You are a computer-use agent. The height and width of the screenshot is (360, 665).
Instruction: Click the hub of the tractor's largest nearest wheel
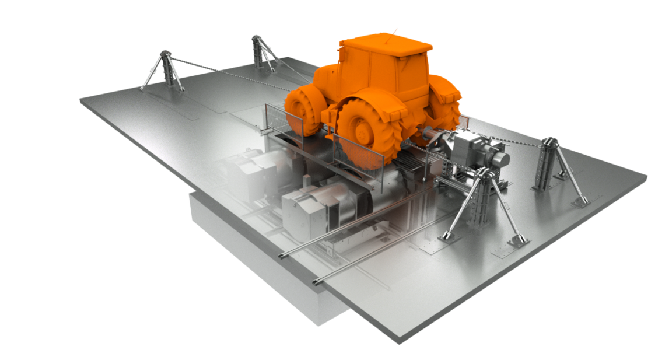[363, 133]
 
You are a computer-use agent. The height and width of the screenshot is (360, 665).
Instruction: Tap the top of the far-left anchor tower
[166, 53]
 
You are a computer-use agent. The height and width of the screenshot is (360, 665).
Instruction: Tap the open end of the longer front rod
[282, 256]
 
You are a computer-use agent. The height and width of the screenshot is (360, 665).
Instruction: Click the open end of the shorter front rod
[316, 283]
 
